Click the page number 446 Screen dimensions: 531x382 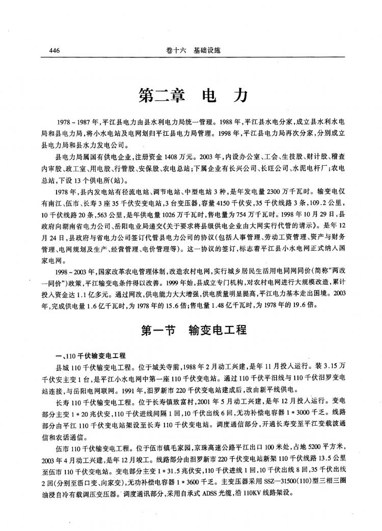point(55,51)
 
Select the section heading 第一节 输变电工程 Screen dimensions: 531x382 point(194,330)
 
